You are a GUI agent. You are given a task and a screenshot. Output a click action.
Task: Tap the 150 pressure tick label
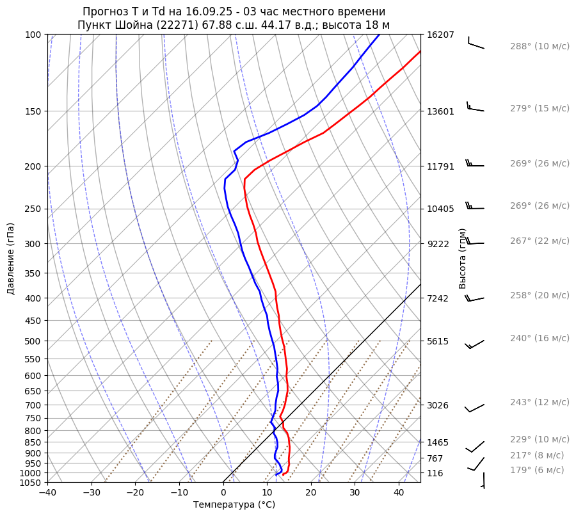(x=33, y=111)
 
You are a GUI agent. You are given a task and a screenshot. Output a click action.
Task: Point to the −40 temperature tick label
(x=47, y=492)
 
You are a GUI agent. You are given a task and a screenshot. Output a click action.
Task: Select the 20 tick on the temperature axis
(x=311, y=492)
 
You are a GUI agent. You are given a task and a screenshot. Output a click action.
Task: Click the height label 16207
(x=440, y=35)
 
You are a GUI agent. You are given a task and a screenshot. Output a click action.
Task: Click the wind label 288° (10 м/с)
(x=539, y=47)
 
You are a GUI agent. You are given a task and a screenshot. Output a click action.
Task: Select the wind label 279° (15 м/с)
(x=539, y=109)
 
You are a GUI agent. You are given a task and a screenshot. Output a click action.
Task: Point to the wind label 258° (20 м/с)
(x=539, y=296)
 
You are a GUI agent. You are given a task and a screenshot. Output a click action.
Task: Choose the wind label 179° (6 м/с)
(x=536, y=471)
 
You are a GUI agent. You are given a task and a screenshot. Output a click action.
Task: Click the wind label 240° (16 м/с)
(x=539, y=339)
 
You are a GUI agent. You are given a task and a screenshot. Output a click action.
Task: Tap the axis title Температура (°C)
(x=234, y=504)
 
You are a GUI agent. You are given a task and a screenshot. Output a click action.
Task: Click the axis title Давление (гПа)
(x=11, y=259)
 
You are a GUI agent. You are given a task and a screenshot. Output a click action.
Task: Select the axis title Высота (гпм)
(x=463, y=259)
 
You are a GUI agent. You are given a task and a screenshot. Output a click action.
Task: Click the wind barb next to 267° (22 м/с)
(x=476, y=243)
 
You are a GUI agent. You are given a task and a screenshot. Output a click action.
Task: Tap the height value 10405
(x=440, y=209)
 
